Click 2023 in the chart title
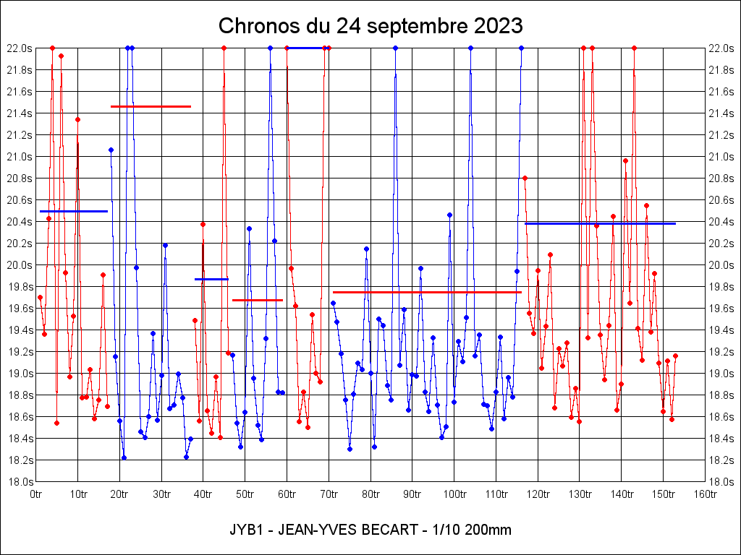(x=497, y=27)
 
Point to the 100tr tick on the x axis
(x=454, y=494)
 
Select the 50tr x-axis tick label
(x=245, y=494)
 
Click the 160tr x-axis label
(x=705, y=494)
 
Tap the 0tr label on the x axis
(x=36, y=494)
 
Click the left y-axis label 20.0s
(x=19, y=264)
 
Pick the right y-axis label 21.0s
(x=722, y=156)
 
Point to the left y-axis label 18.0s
(x=19, y=481)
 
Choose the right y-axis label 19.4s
(x=722, y=330)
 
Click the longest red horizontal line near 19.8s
(x=427, y=292)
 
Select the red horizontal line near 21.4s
(x=151, y=106)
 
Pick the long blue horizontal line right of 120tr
(x=600, y=223)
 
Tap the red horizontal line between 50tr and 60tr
(x=257, y=299)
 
